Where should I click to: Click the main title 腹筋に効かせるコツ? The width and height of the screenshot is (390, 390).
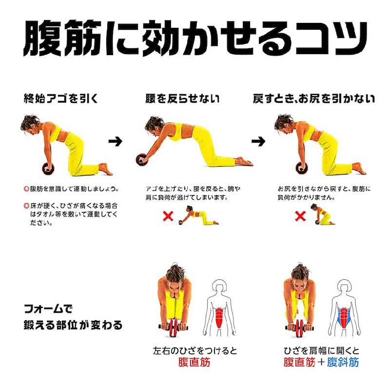click(x=195, y=38)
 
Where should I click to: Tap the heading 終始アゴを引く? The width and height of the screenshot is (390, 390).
click(x=61, y=98)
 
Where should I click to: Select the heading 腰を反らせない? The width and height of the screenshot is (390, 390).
click(x=182, y=98)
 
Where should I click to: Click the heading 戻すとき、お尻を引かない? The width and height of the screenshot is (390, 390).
click(x=314, y=98)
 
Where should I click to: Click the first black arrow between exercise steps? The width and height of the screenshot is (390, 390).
click(x=116, y=141)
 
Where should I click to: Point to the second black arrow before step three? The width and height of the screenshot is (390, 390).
click(x=258, y=141)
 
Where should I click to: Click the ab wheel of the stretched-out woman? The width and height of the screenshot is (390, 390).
click(x=142, y=160)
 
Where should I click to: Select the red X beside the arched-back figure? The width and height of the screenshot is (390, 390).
click(x=168, y=216)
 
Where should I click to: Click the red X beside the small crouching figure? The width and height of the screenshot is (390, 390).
click(x=300, y=216)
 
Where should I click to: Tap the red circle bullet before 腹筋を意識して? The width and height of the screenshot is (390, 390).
click(x=26, y=189)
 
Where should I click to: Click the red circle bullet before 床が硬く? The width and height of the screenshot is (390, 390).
click(x=26, y=206)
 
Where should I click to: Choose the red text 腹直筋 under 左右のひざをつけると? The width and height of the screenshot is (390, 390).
click(x=194, y=362)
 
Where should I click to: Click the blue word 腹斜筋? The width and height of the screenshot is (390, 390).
click(x=343, y=362)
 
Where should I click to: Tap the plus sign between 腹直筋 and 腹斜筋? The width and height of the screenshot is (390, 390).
click(x=321, y=362)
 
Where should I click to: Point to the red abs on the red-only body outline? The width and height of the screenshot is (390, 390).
click(x=219, y=318)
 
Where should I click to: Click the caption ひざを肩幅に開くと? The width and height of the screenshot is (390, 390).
click(x=321, y=351)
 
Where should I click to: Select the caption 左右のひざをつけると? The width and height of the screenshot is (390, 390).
click(x=195, y=351)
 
